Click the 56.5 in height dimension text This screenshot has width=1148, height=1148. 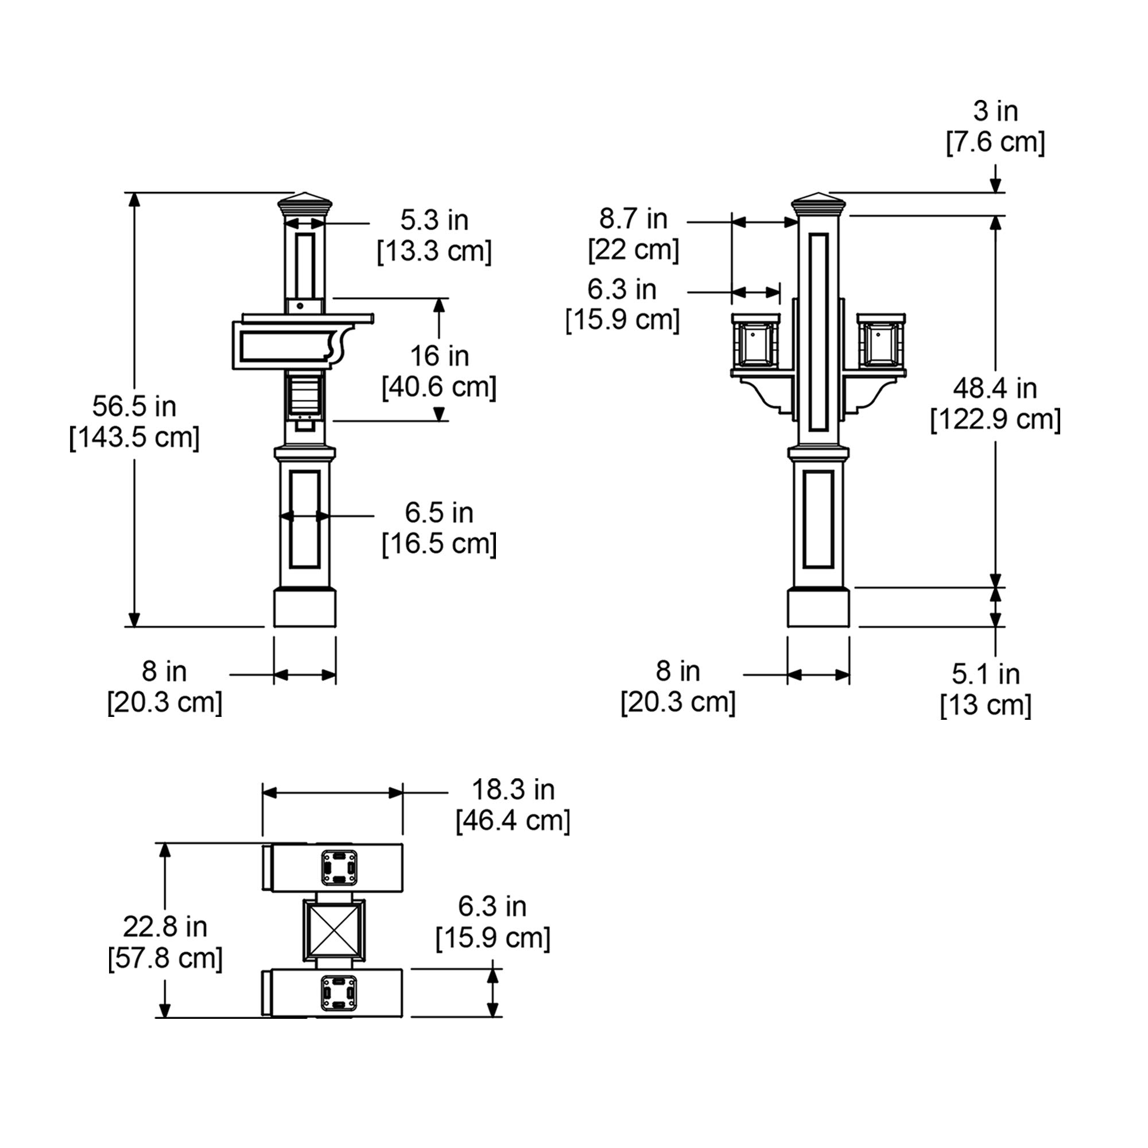pyautogui.click(x=134, y=407)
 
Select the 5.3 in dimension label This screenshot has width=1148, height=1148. pyautogui.click(x=435, y=220)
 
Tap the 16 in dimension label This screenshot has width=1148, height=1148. pyautogui.click(x=439, y=356)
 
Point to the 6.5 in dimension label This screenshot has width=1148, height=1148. pyautogui.click(x=439, y=513)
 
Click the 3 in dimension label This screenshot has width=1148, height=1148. pyautogui.click(x=995, y=112)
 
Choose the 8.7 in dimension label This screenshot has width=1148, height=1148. pyautogui.click(x=634, y=219)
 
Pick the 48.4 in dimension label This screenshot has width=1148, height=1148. pyautogui.click(x=995, y=389)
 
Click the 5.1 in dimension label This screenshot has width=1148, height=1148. pyautogui.click(x=986, y=674)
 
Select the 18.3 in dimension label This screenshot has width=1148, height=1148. pyautogui.click(x=513, y=790)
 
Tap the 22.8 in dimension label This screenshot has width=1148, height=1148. pyautogui.click(x=165, y=927)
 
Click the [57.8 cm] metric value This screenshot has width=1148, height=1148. pyautogui.click(x=165, y=959)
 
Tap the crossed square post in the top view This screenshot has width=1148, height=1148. pyautogui.click(x=333, y=930)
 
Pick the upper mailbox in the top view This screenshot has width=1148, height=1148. pyautogui.click(x=333, y=868)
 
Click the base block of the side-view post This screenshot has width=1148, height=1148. pyautogui.click(x=305, y=607)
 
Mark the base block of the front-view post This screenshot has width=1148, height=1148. pyautogui.click(x=818, y=607)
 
